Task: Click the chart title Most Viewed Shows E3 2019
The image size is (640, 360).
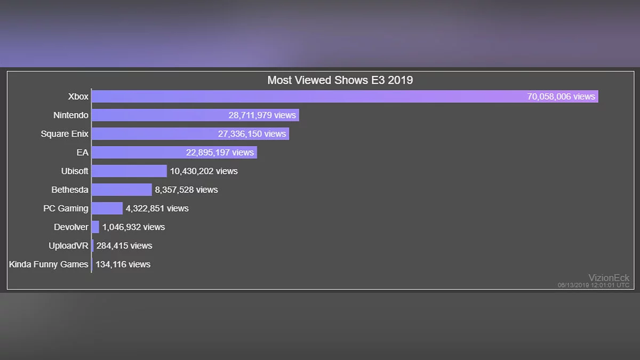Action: [340, 81]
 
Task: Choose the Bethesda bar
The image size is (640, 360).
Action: [122, 190]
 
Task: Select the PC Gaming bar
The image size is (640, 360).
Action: [107, 209]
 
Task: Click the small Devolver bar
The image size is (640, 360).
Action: [95, 227]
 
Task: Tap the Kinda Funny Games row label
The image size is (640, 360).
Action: [49, 265]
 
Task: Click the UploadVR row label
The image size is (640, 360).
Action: [68, 246]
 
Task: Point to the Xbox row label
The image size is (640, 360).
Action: [78, 97]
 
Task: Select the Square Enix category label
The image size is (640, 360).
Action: [65, 134]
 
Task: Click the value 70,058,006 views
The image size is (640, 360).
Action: [561, 97]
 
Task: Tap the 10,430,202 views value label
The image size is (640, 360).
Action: [204, 171]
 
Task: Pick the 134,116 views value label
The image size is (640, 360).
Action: [123, 265]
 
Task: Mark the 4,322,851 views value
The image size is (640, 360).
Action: [157, 209]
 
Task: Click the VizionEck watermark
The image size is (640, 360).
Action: [609, 278]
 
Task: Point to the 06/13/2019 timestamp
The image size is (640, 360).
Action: [593, 285]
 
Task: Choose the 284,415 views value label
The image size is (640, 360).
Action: [124, 246]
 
